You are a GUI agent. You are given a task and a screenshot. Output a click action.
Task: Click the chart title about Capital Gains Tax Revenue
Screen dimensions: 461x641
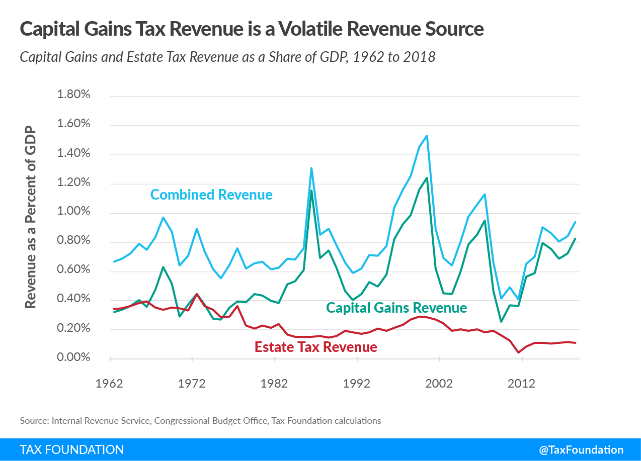(x=252, y=29)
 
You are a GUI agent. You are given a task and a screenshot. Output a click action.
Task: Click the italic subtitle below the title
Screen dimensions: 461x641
(x=227, y=56)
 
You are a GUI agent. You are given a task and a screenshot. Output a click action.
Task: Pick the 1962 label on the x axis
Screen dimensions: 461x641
(x=110, y=384)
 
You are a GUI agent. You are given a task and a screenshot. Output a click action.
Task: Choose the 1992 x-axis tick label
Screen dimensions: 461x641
(x=357, y=384)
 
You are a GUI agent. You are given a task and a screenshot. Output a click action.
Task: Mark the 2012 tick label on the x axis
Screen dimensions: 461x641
(x=522, y=384)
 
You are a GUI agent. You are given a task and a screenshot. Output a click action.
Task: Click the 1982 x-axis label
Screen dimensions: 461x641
(x=274, y=384)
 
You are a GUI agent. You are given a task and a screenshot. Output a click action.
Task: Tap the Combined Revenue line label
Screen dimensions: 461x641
(x=211, y=195)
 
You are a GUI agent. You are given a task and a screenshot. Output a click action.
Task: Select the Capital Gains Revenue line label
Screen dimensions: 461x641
(x=396, y=307)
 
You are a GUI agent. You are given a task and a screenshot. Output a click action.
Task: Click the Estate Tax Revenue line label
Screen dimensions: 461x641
(x=315, y=347)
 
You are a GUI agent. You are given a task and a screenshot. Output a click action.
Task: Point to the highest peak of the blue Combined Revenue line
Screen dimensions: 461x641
(x=427, y=136)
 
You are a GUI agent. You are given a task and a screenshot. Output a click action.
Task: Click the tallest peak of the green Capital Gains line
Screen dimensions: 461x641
(x=427, y=177)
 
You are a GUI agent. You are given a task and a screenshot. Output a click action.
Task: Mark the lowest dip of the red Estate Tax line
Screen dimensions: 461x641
(x=518, y=352)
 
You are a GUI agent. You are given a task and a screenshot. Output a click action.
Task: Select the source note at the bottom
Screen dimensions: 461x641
(x=200, y=420)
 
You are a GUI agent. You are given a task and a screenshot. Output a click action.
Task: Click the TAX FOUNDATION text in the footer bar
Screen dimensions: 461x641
(x=71, y=449)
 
